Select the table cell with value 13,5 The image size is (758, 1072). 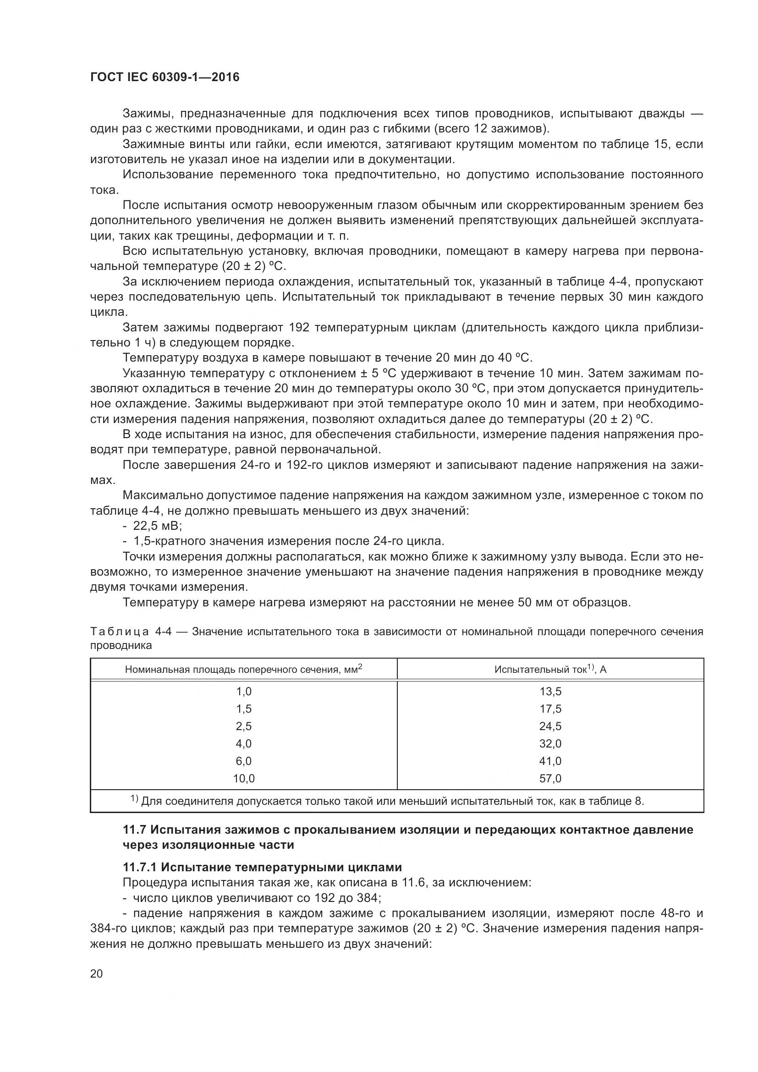tap(550, 692)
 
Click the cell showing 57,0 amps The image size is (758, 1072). tap(550, 778)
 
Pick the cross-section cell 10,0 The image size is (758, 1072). tap(244, 778)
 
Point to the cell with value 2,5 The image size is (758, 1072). tap(244, 726)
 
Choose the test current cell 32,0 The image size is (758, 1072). tap(550, 743)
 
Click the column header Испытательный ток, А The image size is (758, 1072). tap(550, 670)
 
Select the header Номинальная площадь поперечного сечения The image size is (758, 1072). tap(244, 670)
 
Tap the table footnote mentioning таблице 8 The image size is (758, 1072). tap(387, 802)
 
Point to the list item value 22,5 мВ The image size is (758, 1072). tap(157, 526)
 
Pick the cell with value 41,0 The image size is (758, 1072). tap(550, 761)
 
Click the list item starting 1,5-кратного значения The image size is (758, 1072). tap(288, 541)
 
